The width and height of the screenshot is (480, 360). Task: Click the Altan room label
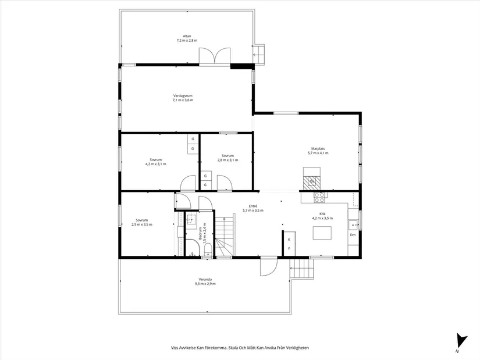click(x=187, y=36)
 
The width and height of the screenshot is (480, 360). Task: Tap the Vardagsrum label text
click(x=183, y=96)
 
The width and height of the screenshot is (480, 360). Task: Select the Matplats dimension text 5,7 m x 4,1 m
click(x=318, y=153)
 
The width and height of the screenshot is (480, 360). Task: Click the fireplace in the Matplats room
click(x=312, y=179)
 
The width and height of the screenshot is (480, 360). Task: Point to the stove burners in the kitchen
click(x=319, y=198)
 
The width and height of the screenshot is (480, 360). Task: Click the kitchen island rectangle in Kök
click(x=322, y=233)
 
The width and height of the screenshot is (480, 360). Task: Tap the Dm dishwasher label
click(x=353, y=235)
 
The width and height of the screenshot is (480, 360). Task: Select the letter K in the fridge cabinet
click(x=289, y=240)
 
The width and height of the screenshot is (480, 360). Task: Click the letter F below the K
click(x=289, y=248)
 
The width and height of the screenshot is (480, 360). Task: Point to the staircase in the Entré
click(x=225, y=236)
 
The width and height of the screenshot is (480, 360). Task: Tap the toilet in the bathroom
click(x=208, y=250)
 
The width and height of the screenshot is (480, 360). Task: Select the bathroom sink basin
click(x=191, y=219)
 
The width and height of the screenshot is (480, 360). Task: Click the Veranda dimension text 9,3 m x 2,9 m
click(x=205, y=284)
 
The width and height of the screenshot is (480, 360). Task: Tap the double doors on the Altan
click(x=215, y=56)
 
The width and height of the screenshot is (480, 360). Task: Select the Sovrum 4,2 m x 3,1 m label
click(x=156, y=162)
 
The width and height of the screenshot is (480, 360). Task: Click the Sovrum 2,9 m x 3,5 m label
click(x=142, y=222)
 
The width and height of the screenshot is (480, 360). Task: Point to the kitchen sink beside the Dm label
click(x=353, y=225)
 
